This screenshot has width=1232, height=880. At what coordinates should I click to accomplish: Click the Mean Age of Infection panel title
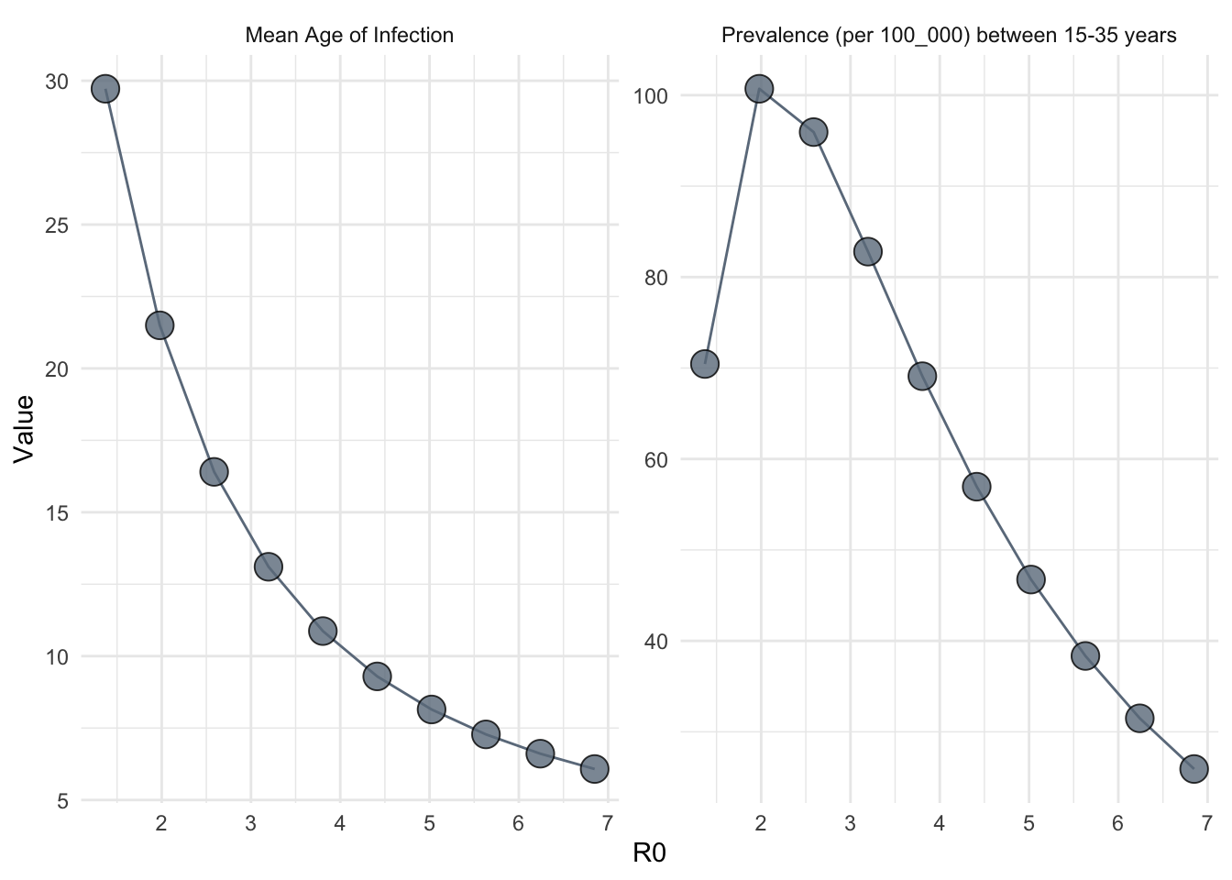tap(349, 36)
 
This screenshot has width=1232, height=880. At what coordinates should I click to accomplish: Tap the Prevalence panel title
tap(949, 36)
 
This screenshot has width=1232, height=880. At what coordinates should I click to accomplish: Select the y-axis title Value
tap(24, 428)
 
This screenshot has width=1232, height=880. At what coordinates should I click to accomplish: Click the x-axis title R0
tap(649, 854)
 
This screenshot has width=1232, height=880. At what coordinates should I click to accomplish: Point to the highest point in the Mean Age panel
tap(105, 89)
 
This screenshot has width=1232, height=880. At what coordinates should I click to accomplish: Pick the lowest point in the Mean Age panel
tap(594, 768)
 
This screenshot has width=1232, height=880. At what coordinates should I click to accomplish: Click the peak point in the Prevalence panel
tap(759, 89)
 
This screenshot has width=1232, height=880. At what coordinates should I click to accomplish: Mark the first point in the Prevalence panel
tap(704, 364)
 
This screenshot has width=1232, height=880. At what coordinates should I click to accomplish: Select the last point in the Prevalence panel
tap(1193, 768)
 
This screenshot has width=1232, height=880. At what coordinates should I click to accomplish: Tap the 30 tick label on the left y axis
tap(57, 82)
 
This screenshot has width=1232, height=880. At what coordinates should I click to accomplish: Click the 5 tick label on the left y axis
tap(62, 801)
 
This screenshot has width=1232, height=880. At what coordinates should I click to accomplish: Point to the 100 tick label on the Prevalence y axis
tap(648, 96)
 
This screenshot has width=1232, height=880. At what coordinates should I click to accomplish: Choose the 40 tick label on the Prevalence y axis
tap(654, 642)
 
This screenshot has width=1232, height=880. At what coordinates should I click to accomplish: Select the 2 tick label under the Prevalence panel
tap(760, 823)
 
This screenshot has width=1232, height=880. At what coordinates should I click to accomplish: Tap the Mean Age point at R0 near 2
tap(159, 325)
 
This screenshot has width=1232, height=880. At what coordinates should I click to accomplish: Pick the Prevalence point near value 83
tap(867, 251)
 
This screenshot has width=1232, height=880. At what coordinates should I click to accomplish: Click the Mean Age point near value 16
tap(214, 472)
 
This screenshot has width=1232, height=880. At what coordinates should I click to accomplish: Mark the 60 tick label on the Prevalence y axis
tap(654, 459)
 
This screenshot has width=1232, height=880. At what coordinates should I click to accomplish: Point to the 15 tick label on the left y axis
tap(57, 513)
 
